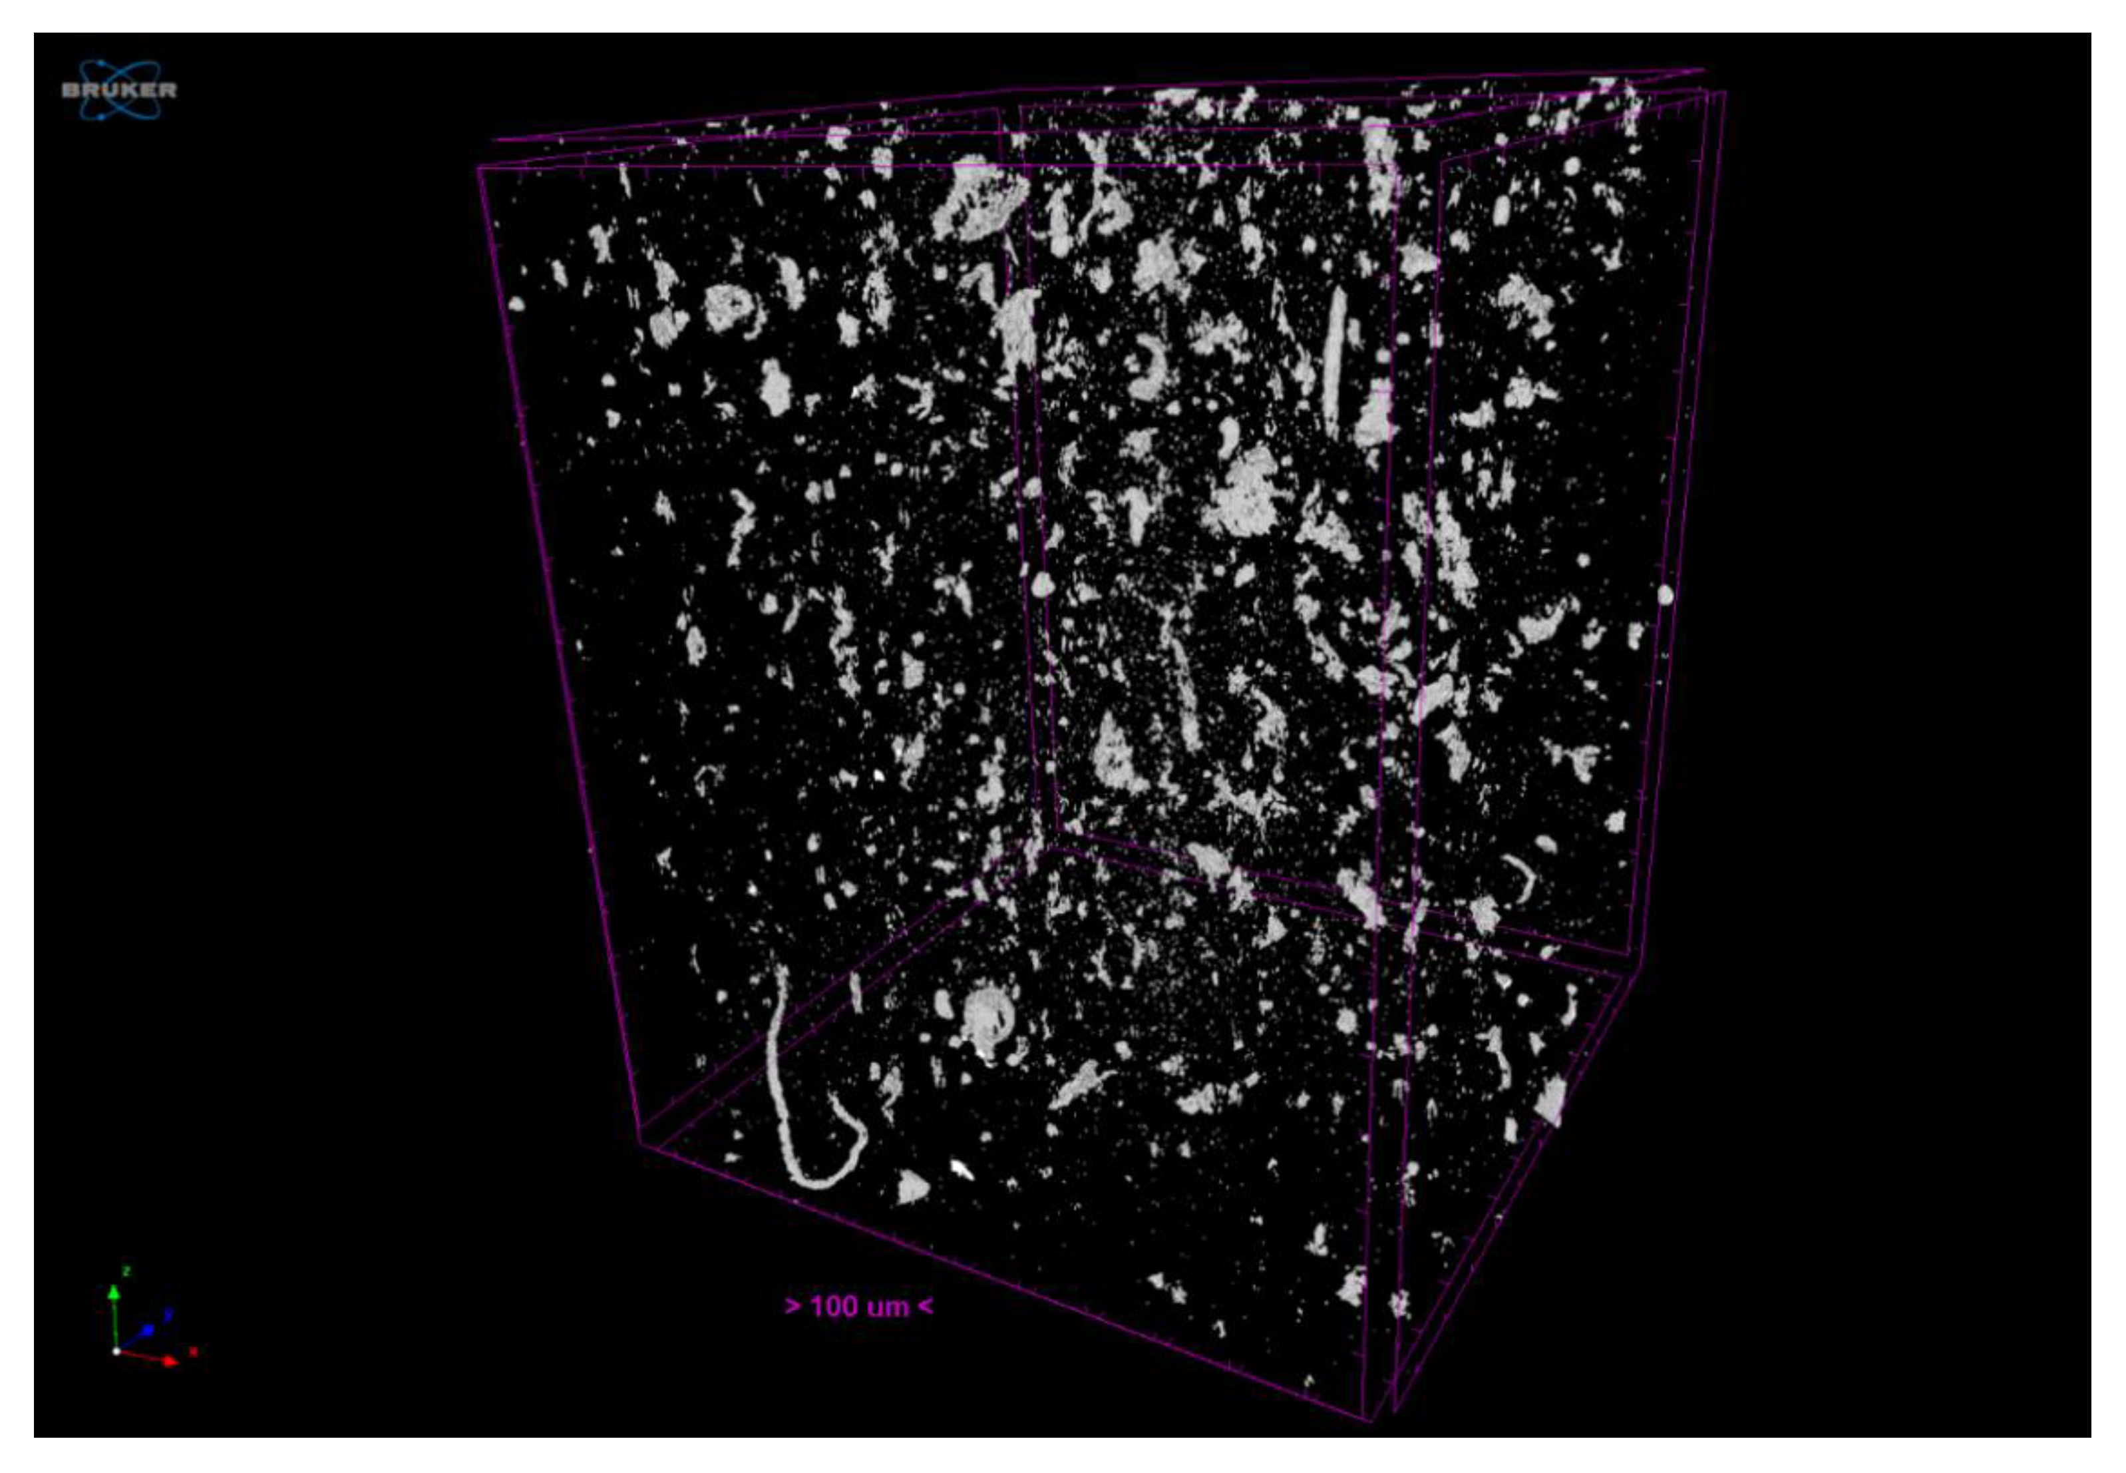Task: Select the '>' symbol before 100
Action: pyautogui.click(x=792, y=1306)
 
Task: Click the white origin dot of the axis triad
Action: pyautogui.click(x=116, y=1351)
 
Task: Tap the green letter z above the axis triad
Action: pyautogui.click(x=126, y=1271)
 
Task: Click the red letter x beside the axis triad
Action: pyautogui.click(x=193, y=1352)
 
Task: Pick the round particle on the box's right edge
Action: pyautogui.click(x=1666, y=595)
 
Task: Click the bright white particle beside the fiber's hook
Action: pyautogui.click(x=961, y=1169)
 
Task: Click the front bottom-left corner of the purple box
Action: pyautogui.click(x=640, y=1144)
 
